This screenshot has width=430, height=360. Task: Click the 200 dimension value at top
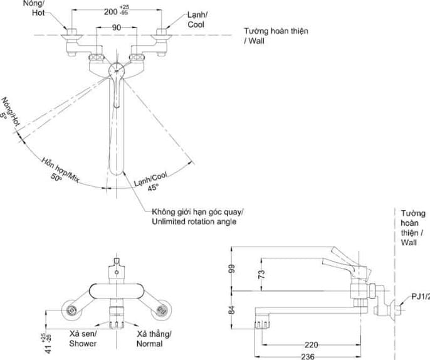pyautogui.click(x=111, y=12)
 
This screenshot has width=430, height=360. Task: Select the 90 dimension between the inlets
pyautogui.click(x=117, y=28)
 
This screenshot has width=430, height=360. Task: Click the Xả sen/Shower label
pyautogui.click(x=83, y=339)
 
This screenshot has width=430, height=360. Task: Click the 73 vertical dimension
pyautogui.click(x=261, y=274)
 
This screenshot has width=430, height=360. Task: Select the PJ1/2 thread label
pyautogui.click(x=419, y=297)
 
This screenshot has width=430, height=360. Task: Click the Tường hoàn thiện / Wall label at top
pyautogui.click(x=276, y=35)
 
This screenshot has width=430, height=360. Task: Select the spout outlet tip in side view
pyautogui.click(x=262, y=323)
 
